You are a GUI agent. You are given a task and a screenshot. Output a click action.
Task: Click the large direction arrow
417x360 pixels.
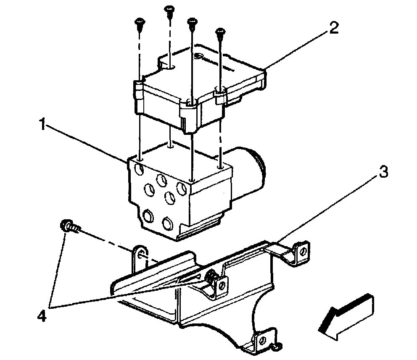click(x=346, y=316)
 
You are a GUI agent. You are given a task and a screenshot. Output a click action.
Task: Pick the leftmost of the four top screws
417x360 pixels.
click(x=139, y=24)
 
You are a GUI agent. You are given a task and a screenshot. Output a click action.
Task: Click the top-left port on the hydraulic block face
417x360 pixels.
click(x=137, y=170)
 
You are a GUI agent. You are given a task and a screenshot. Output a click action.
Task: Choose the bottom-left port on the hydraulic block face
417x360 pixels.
click(x=148, y=217)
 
